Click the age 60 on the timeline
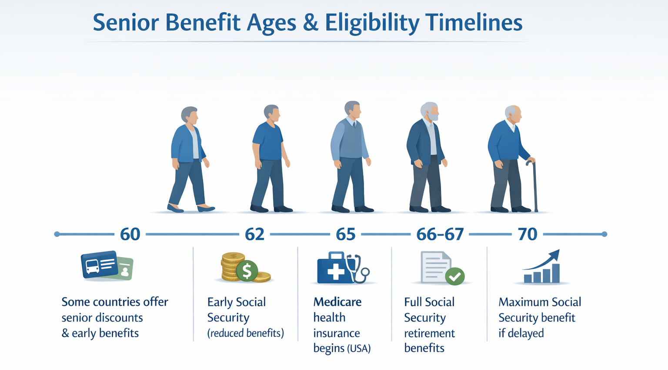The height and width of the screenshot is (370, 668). (130, 234)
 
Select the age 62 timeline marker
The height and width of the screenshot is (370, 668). (254, 234)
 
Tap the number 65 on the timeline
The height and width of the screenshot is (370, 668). (346, 234)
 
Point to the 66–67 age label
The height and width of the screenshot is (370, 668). (440, 234)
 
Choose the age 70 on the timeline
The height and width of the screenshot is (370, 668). (528, 234)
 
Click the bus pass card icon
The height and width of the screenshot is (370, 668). (100, 264)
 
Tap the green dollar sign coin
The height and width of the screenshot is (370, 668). (247, 271)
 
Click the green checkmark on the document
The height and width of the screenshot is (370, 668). (455, 276)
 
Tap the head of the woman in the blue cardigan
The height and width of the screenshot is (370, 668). (190, 115)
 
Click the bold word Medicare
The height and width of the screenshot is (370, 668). (337, 302)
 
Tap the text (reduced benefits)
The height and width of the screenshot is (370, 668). (246, 333)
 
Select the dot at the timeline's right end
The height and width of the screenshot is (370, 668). (604, 234)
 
